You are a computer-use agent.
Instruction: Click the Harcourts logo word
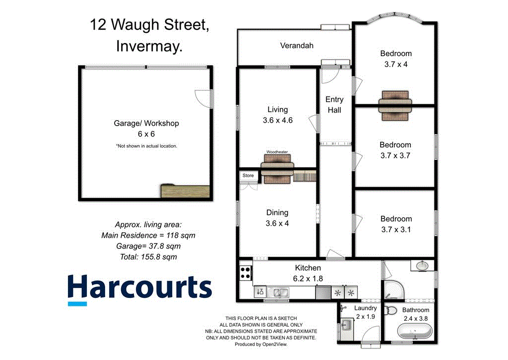pyautogui.click(x=139, y=288)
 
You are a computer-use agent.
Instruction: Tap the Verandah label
pyautogui.click(x=297, y=46)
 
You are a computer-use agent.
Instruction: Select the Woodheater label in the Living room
pyautogui.click(x=277, y=151)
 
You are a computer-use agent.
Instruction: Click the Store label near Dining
pyautogui.click(x=248, y=175)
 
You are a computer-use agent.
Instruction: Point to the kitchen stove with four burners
pyautogui.click(x=245, y=272)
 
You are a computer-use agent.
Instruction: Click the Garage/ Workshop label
pyautogui.click(x=146, y=123)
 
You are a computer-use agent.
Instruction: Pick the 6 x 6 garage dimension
pyautogui.click(x=146, y=134)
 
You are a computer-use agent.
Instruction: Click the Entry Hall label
pyautogui.click(x=334, y=104)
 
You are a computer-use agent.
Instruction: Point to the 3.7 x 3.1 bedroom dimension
pyautogui.click(x=396, y=229)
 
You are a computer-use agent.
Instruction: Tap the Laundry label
pyautogui.click(x=366, y=308)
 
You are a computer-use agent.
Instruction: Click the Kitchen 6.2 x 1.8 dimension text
pyautogui.click(x=308, y=279)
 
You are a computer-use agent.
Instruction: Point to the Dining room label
pyautogui.click(x=277, y=213)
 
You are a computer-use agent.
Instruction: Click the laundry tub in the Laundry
pyautogui.click(x=347, y=326)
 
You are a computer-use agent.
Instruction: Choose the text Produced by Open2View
pyautogui.click(x=261, y=344)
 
